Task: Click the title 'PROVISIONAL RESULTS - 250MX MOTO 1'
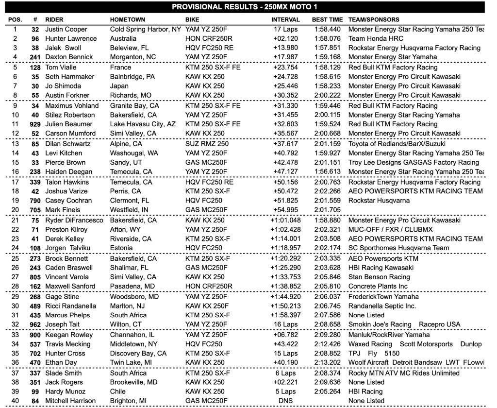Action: coord(248,7)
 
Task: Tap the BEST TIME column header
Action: coord(328,20)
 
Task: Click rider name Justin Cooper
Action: coord(66,29)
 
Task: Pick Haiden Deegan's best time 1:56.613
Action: coord(328,171)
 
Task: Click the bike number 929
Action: coord(35,124)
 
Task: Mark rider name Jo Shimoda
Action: coord(63,86)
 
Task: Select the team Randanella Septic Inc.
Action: coord(382,306)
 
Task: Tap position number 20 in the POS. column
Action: coord(15,201)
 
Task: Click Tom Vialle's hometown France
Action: coord(120,68)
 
